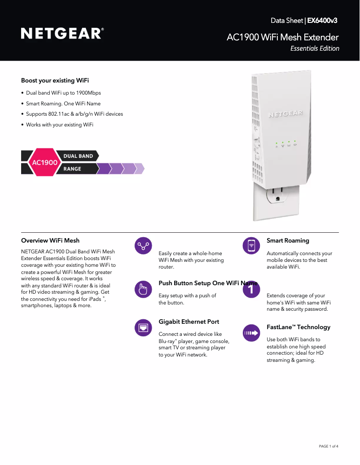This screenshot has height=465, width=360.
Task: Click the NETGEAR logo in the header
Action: tap(62, 34)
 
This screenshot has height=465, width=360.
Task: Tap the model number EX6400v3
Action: tap(322, 21)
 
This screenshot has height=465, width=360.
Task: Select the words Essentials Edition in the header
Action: tap(315, 48)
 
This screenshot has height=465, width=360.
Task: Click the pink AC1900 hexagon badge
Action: tap(44, 162)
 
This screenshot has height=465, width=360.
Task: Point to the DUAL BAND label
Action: tap(78, 156)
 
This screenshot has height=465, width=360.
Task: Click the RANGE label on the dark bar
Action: tap(72, 169)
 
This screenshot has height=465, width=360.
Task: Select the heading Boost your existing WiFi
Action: tap(55, 81)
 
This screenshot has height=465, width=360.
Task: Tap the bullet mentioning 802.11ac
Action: tap(74, 114)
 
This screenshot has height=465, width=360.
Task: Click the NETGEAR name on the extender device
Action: tap(285, 114)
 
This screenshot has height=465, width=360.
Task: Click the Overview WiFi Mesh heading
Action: tap(50, 241)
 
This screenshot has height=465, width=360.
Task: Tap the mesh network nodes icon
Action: tap(143, 246)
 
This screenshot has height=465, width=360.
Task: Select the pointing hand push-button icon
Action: tap(143, 289)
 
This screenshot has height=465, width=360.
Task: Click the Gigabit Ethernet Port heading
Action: tap(189, 322)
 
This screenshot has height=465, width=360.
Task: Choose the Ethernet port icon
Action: tap(143, 328)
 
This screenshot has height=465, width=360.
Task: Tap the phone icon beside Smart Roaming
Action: tap(251, 246)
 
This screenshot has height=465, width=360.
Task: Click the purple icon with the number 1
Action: tap(251, 290)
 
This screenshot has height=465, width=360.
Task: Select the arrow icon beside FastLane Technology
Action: tap(251, 333)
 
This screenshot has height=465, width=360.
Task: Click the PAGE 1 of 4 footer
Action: tap(329, 446)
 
